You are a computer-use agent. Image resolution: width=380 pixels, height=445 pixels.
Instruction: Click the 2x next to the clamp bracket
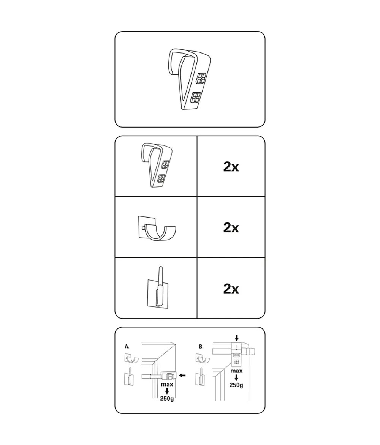231,167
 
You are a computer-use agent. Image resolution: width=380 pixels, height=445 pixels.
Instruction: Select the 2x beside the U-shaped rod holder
231,227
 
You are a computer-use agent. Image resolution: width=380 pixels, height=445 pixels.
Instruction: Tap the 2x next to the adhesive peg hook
231,289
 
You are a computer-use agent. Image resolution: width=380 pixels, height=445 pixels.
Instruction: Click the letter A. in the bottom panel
127,347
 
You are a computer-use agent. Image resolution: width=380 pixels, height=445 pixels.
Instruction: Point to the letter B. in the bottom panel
201,347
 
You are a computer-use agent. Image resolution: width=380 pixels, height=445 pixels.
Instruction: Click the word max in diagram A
167,384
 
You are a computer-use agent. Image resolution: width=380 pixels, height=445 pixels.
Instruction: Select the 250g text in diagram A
167,398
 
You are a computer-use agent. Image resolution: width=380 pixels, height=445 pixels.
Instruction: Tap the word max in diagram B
236,371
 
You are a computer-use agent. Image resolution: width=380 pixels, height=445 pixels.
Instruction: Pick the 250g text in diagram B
236,385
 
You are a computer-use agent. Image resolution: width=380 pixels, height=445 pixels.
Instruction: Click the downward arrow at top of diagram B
237,338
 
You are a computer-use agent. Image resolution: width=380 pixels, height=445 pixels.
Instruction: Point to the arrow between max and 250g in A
167,391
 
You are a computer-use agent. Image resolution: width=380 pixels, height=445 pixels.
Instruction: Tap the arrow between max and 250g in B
236,378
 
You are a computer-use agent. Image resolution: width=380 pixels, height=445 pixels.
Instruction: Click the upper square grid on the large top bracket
201,78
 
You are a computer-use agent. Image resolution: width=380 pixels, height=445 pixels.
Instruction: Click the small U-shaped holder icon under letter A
131,358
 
